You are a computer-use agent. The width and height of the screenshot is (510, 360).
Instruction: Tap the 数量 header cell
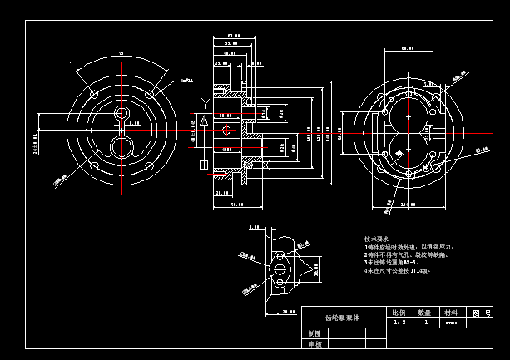click(x=426, y=313)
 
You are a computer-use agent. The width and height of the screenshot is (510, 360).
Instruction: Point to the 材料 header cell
click(x=451, y=313)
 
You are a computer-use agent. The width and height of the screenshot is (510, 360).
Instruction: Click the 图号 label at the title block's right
click(x=478, y=313)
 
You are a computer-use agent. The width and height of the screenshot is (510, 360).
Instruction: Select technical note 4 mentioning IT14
click(x=395, y=270)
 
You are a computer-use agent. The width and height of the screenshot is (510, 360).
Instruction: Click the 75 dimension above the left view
click(x=121, y=53)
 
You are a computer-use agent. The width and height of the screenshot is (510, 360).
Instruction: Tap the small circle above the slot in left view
click(x=123, y=112)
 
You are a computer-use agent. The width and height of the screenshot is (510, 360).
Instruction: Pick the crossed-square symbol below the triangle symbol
click(x=205, y=165)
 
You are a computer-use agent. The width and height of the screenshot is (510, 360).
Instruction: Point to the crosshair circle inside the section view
click(x=226, y=130)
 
